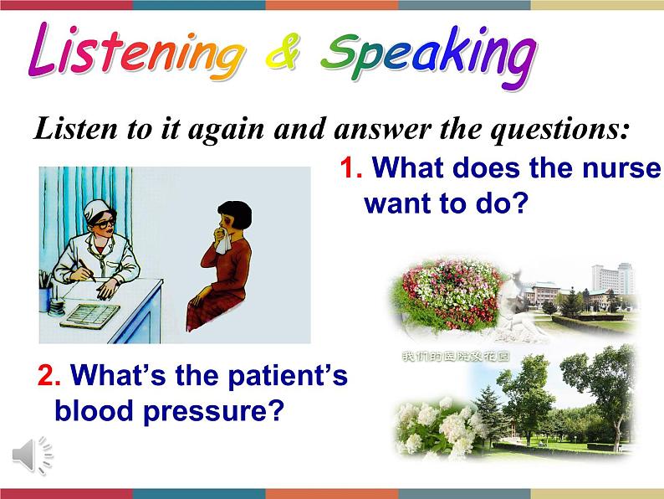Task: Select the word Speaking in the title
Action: click(428, 54)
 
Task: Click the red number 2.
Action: click(47, 377)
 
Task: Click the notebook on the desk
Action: click(89, 315)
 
